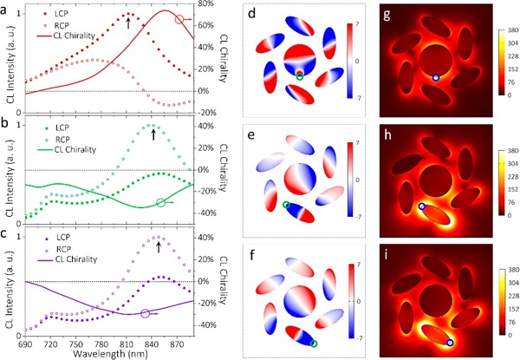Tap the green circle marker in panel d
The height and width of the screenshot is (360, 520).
tap(300, 77)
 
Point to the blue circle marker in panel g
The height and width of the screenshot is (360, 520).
tap(436, 77)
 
